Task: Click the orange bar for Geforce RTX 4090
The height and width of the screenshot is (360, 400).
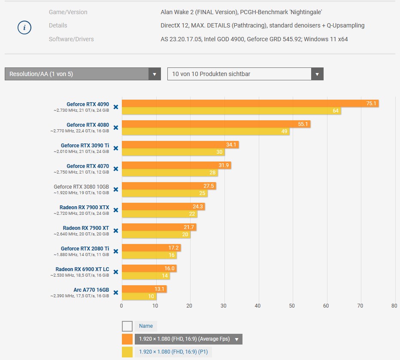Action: point(249,104)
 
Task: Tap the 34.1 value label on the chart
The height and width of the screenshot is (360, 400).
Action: point(231,145)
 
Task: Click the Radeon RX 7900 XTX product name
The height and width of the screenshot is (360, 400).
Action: point(84,207)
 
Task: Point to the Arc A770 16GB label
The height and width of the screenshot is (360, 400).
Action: point(91,290)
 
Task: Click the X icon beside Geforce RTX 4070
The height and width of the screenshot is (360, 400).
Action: point(115,169)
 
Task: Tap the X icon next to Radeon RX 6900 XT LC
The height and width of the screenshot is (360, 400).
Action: point(115,272)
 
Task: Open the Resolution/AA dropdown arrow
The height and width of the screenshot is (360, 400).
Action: point(155,74)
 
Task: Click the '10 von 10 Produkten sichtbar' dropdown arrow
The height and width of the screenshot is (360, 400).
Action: point(317,74)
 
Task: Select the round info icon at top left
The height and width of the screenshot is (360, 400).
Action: point(24,28)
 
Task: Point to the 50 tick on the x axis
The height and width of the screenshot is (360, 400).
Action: point(292,306)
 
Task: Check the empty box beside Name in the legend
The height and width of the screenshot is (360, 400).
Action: point(127,326)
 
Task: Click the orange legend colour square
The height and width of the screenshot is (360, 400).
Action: point(127,339)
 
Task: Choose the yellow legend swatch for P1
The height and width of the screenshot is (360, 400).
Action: point(127,352)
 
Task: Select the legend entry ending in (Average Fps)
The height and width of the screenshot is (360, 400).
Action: point(188,339)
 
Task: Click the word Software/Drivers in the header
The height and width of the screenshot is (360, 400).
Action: point(71,39)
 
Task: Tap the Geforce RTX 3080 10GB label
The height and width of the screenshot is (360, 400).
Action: point(81,187)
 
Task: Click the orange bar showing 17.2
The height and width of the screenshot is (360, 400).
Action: point(151,248)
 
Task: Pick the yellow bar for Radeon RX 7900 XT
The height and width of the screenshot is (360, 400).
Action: point(156,235)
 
